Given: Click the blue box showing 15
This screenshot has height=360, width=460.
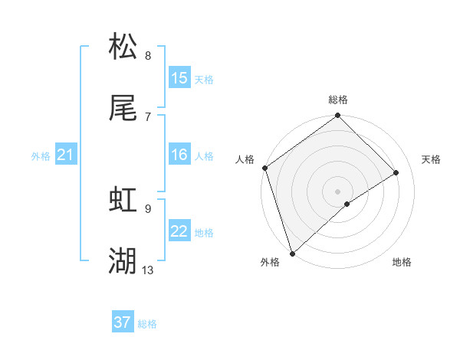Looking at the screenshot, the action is [179, 78].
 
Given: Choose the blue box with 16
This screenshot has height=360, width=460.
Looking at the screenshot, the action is [179, 155].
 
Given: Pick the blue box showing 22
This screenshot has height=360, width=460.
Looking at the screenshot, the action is [179, 231].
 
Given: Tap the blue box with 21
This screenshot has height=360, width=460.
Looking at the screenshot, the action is [66, 155].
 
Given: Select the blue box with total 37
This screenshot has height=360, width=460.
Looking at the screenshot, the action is [123, 323].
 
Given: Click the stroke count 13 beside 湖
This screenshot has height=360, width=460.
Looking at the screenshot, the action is [148, 270].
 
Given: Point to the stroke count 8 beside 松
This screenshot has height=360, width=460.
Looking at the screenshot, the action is [147, 55].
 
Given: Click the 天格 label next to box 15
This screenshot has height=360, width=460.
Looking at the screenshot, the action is [204, 79].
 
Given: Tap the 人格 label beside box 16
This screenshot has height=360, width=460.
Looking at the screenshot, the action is [204, 155].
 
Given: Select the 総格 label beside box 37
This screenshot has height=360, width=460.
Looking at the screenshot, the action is [147, 324].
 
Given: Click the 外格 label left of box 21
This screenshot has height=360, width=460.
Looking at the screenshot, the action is [41, 156].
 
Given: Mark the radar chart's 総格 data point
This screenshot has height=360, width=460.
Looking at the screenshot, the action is [337, 116].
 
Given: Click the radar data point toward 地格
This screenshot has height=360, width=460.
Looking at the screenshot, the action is [347, 204].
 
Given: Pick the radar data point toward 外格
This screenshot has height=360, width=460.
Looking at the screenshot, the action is [291, 253].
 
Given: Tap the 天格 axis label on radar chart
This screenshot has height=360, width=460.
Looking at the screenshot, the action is [432, 159].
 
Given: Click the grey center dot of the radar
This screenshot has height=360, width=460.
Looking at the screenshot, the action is [337, 190].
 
